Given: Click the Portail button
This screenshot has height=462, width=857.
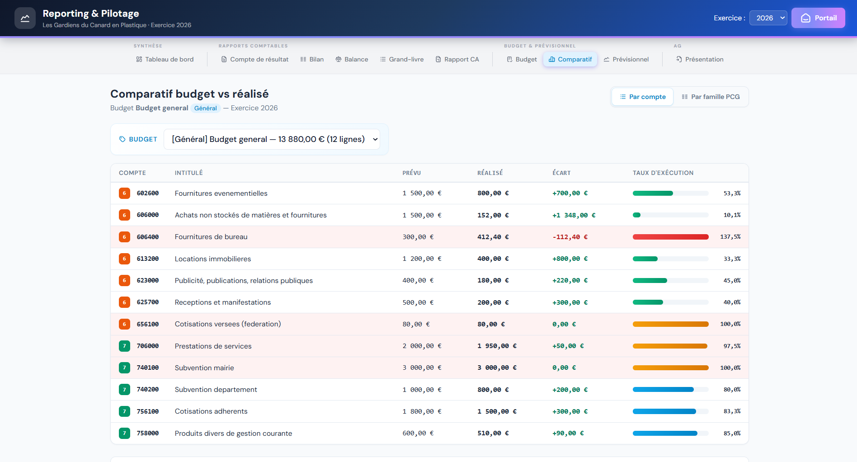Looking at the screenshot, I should [818, 18].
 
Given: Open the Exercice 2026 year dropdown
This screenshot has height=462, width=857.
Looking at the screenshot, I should [768, 18].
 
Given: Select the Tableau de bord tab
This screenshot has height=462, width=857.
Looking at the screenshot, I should [165, 59].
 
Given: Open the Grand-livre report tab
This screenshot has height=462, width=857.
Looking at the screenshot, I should [402, 59].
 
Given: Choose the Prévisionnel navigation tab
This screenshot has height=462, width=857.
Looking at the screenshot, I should [626, 59].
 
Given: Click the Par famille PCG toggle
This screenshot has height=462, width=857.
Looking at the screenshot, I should [711, 97].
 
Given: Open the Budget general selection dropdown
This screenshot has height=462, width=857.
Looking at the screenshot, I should [272, 139].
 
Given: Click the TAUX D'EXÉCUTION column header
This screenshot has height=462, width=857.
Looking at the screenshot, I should [663, 173].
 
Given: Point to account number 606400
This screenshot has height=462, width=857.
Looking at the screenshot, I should [148, 237].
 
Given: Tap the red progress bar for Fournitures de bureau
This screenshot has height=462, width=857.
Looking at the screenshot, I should [670, 237].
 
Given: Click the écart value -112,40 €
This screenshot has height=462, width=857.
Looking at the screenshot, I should [570, 237].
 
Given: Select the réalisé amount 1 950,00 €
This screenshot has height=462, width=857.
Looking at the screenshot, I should [497, 346].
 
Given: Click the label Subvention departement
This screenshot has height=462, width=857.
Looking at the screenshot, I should [216, 390].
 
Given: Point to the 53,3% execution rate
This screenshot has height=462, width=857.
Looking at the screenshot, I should [732, 193].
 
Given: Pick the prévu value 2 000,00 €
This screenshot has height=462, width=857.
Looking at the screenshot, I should [422, 346].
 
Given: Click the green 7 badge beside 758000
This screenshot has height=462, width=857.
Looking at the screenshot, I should [124, 433].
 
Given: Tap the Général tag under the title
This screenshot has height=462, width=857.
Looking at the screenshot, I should [206, 108].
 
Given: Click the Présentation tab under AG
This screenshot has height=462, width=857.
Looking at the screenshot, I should [700, 59].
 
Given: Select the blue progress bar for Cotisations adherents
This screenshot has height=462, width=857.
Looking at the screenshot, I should [664, 411].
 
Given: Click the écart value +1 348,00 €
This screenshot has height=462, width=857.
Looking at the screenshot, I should [574, 215].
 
